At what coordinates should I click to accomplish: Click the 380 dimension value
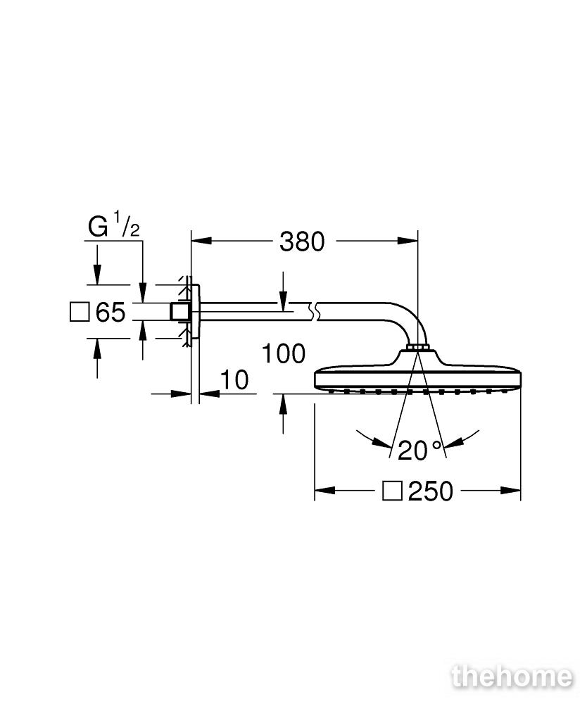coord(302,241)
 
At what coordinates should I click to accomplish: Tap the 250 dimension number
coord(431,491)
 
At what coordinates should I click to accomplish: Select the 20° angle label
coord(420,451)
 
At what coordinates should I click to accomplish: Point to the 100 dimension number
coord(283,354)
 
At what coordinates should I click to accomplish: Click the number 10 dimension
coord(234,380)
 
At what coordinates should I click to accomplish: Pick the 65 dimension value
coord(111,312)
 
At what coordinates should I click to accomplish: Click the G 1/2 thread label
coord(114,225)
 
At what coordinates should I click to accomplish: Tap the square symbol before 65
coord(80,312)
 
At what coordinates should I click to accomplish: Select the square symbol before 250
coord(392,491)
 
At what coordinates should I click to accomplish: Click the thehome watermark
coord(512,677)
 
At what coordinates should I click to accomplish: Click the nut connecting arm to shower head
coord(418,347)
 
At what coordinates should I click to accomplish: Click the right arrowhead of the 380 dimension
coord(408,241)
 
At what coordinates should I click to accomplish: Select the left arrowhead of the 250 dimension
coord(324,490)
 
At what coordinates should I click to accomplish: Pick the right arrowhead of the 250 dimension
coord(511,490)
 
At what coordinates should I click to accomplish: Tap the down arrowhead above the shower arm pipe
coord(283,300)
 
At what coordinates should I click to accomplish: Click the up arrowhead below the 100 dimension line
coord(283,404)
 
